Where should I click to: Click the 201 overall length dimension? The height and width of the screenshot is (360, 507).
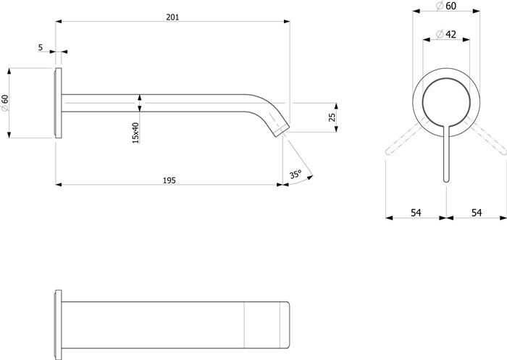pyautogui.click(x=172, y=17)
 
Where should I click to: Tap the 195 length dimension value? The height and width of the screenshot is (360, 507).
pyautogui.click(x=169, y=180)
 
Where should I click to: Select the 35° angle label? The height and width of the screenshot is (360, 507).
pyautogui.click(x=296, y=174)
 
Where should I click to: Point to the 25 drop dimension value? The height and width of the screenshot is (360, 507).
pyautogui.click(x=332, y=117)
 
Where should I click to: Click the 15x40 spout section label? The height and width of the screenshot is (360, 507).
pyautogui.click(x=135, y=133)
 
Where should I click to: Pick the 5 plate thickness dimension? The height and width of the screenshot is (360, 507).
pyautogui.click(x=41, y=47)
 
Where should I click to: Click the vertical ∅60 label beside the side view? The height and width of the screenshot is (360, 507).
pyautogui.click(x=5, y=103)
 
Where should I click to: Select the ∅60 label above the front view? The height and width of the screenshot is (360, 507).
pyautogui.click(x=446, y=6)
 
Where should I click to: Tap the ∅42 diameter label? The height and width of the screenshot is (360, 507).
pyautogui.click(x=446, y=34)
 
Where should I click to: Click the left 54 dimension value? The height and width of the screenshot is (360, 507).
pyautogui.click(x=416, y=213)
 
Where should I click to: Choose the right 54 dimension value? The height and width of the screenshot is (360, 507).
pyautogui.click(x=477, y=213)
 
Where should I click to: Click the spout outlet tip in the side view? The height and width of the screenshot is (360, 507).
pyautogui.click(x=282, y=131)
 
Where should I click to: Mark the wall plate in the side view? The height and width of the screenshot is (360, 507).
pyautogui.click(x=58, y=103)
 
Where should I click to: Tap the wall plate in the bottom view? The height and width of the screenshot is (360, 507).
pyautogui.click(x=58, y=325)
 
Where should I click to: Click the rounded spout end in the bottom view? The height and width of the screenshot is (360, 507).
pyautogui.click(x=286, y=325)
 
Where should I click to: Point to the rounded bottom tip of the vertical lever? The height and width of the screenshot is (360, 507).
pyautogui.click(x=446, y=180)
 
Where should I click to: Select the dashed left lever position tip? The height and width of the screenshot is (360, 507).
pyautogui.click(x=388, y=151)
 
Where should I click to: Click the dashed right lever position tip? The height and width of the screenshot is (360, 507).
pyautogui.click(x=503, y=151)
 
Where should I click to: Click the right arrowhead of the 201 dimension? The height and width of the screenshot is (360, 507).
pyautogui.click(x=287, y=21)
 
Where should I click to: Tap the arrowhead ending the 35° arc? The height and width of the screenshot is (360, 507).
pyautogui.click(x=311, y=177)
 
